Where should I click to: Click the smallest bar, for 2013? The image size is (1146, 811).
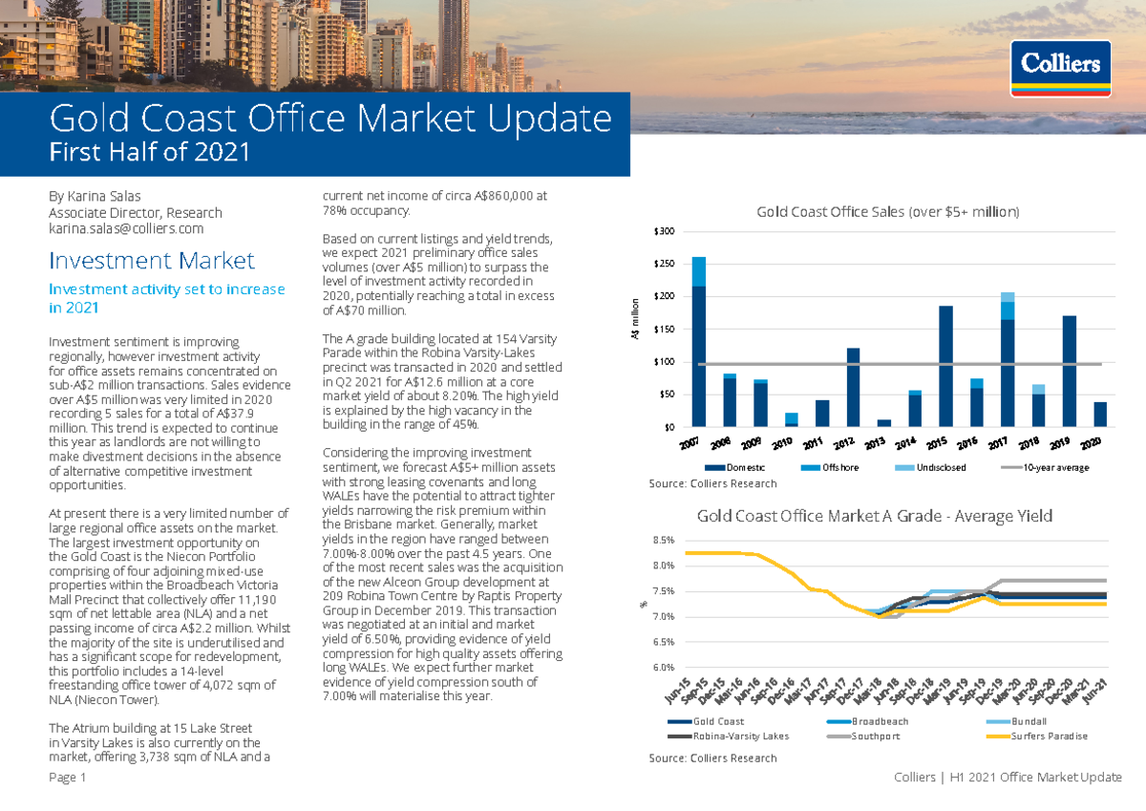click(x=883, y=422)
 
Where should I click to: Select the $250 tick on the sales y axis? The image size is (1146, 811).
click(x=664, y=264)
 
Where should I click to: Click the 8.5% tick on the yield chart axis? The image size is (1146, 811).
click(x=663, y=540)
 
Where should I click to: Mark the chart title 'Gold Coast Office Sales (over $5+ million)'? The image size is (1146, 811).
click(x=887, y=212)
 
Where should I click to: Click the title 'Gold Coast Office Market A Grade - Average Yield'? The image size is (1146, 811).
click(x=874, y=516)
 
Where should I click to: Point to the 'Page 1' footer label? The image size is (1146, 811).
click(x=68, y=778)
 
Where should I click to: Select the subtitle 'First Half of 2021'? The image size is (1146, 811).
click(x=149, y=152)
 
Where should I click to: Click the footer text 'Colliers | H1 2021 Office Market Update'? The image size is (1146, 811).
click(x=1007, y=778)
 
